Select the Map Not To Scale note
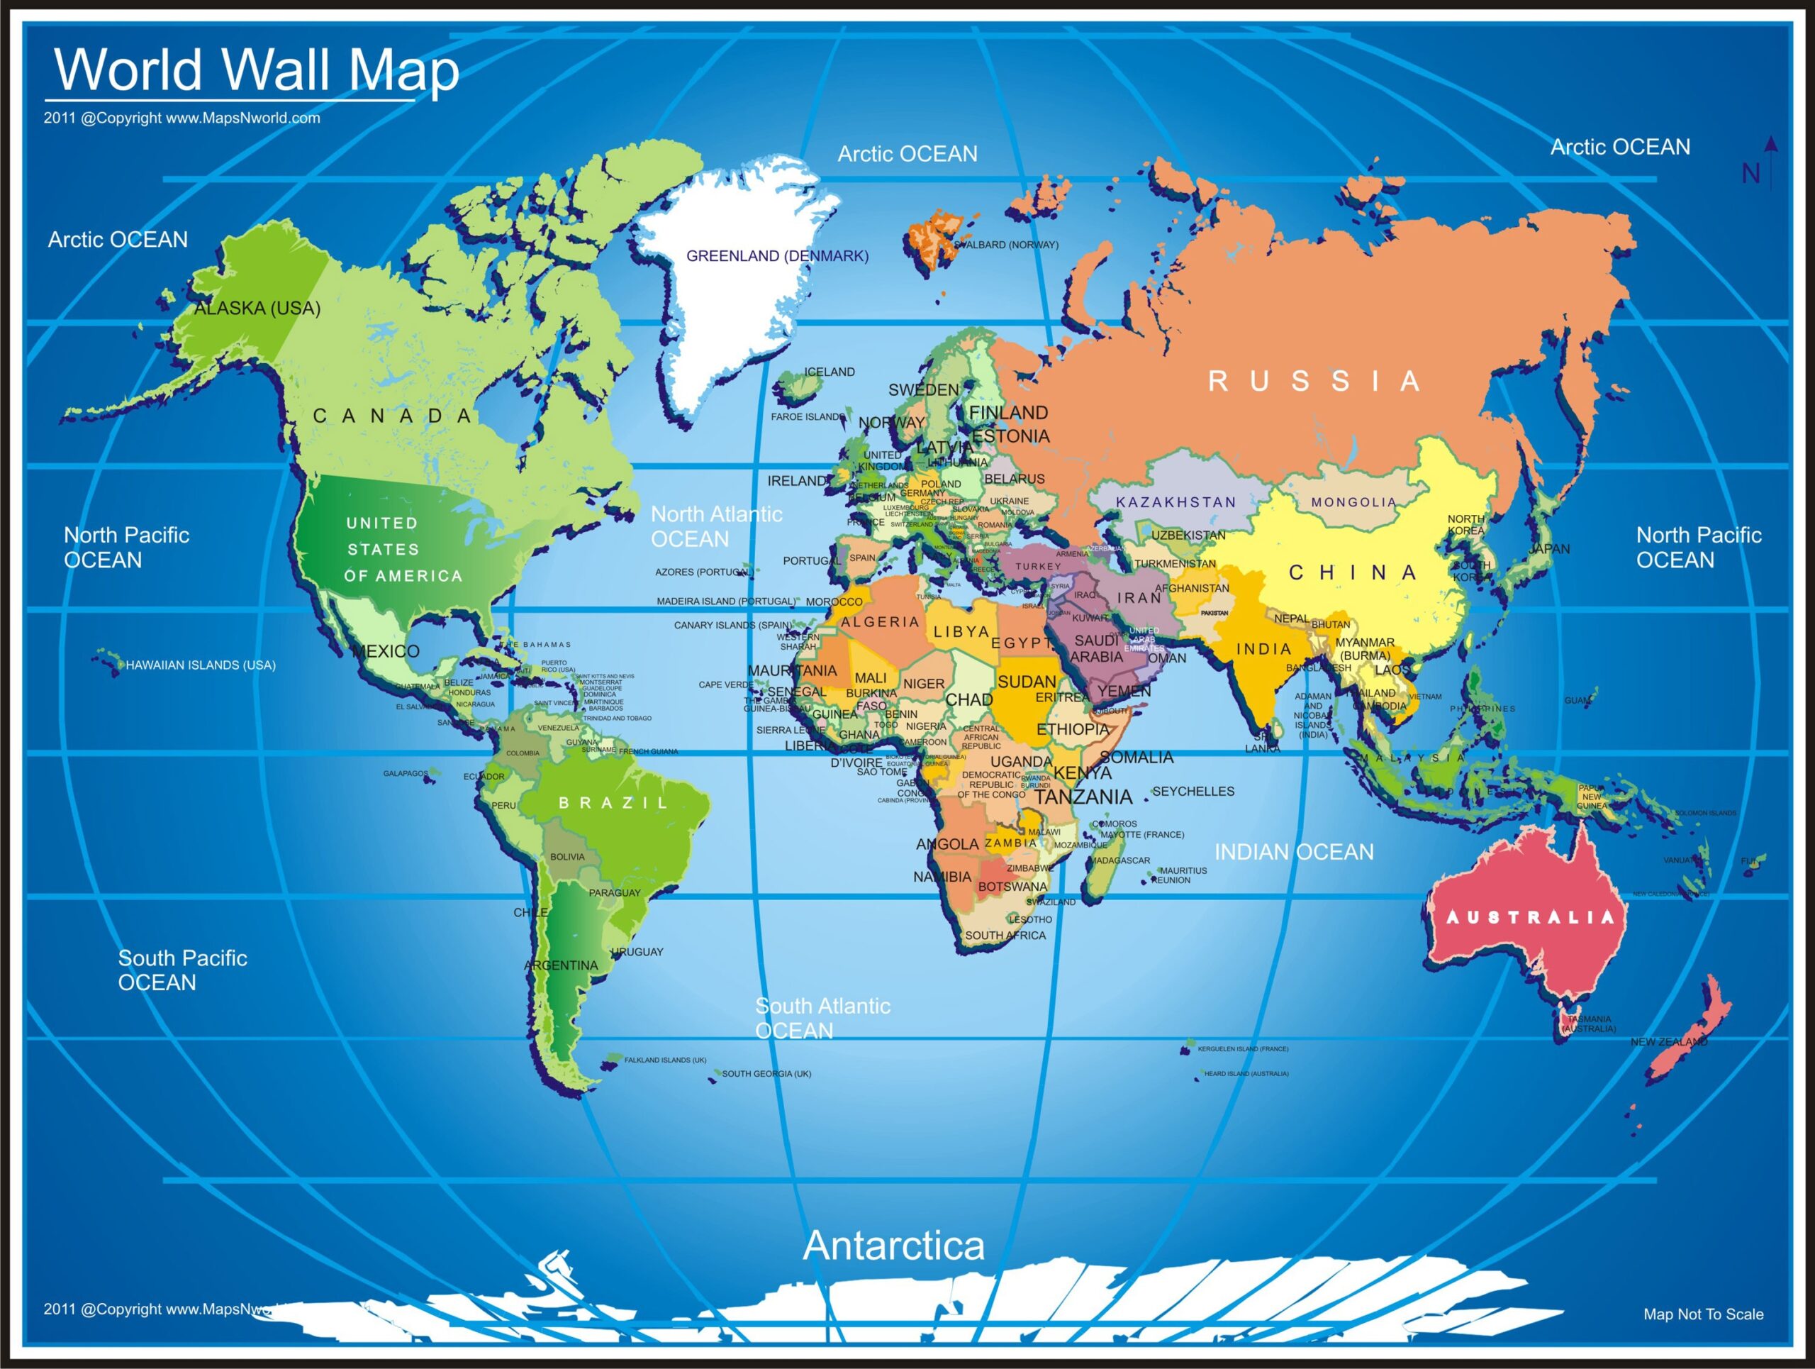1702,1314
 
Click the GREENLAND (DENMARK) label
777,256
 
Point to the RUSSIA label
1314,381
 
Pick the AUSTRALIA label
1529,918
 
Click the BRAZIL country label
614,803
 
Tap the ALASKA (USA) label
257,309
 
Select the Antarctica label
893,1246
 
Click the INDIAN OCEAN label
1294,852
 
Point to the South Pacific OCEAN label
182,970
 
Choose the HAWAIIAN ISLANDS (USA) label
200,665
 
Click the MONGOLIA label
1353,502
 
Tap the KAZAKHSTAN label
1175,502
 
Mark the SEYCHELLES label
1193,791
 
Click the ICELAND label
829,372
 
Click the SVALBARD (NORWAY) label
1007,245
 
